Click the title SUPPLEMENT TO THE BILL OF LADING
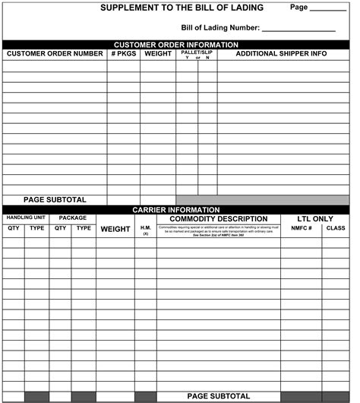[182, 8]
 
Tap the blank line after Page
[327, 9]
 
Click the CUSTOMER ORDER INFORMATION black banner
[175, 44]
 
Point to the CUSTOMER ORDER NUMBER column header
[55, 54]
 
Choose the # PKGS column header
[123, 54]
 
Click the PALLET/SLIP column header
[197, 52]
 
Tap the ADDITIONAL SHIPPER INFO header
[281, 54]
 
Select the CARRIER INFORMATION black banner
[175, 209]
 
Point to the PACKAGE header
[73, 218]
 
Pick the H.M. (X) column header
[146, 230]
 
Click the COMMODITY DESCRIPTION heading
[219, 219]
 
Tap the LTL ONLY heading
[315, 219]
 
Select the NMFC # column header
[302, 228]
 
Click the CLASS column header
[336, 228]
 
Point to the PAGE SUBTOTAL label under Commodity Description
[218, 396]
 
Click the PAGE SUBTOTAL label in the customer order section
[55, 200]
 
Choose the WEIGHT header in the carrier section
[115, 229]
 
